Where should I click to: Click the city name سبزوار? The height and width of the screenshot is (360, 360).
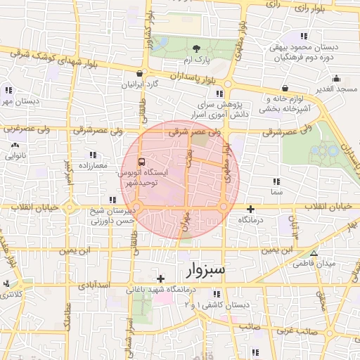pyautogui.click(x=205, y=270)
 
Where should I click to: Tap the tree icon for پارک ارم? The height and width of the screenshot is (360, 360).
pyautogui.click(x=196, y=48)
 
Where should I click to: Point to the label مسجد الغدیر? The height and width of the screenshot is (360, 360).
pyautogui.click(x=337, y=89)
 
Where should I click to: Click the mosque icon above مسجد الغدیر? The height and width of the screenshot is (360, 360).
pyautogui.click(x=337, y=78)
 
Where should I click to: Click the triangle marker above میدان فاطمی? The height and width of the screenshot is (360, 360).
pyautogui.click(x=314, y=253)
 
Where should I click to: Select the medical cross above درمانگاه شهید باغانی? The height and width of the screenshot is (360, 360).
pyautogui.click(x=161, y=278)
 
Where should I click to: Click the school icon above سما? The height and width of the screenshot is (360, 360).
pyautogui.click(x=276, y=181)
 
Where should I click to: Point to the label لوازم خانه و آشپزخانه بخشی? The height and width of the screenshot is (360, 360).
pyautogui.click(x=285, y=104)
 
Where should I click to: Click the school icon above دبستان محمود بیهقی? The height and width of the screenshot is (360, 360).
pyautogui.click(x=304, y=36)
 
